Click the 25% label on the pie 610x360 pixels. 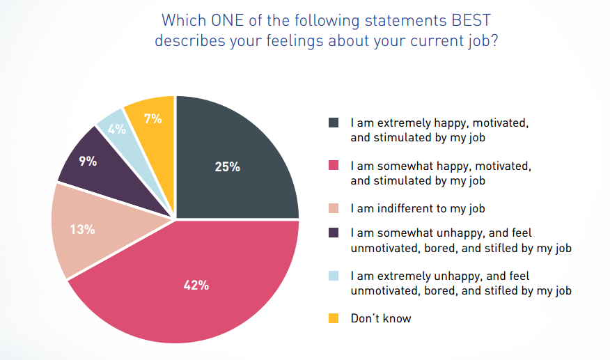[x=227, y=167]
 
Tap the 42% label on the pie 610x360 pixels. [x=196, y=285]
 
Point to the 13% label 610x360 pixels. [x=82, y=228]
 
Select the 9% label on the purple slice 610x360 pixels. [x=88, y=162]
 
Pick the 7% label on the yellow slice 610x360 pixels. [x=152, y=118]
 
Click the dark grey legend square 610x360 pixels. [x=334, y=123]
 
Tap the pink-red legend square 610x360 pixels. [x=334, y=166]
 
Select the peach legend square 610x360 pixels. [x=334, y=208]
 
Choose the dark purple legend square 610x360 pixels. [x=334, y=233]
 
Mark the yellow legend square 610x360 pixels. [x=334, y=318]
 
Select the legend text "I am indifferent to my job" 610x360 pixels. [x=418, y=208]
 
